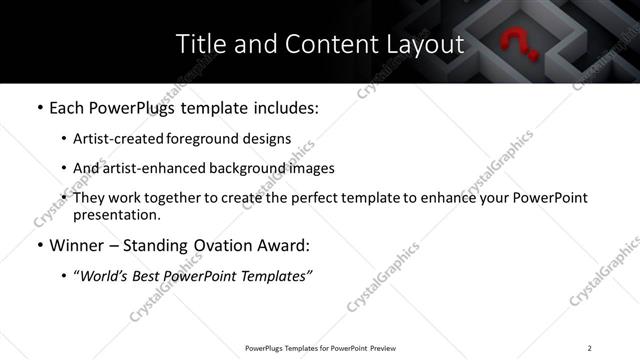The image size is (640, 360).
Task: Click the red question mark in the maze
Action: pos(517,44)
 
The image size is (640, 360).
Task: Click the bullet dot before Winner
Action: pos(38,245)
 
